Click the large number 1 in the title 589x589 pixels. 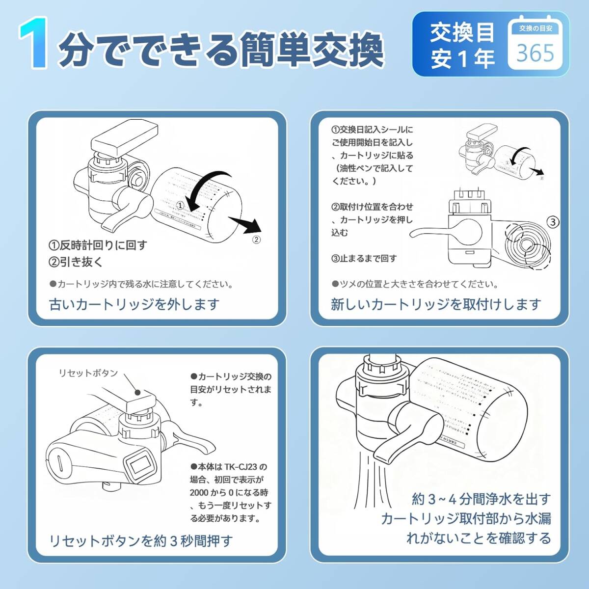pyautogui.click(x=34, y=44)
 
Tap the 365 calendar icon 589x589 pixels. pyautogui.click(x=535, y=45)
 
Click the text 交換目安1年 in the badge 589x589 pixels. pyautogui.click(x=462, y=46)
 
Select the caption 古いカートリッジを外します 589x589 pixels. pyautogui.click(x=134, y=304)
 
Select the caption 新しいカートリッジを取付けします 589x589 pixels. pyautogui.click(x=436, y=304)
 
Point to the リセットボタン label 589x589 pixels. pyautogui.click(x=88, y=373)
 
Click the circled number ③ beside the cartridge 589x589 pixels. pyautogui.click(x=553, y=222)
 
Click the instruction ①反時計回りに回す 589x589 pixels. pyautogui.click(x=98, y=245)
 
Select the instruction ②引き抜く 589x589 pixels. pyautogui.click(x=76, y=262)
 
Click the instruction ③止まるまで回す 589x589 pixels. pyautogui.click(x=364, y=258)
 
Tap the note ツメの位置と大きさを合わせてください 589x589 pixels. pyautogui.click(x=415, y=284)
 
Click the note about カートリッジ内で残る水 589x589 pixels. pyautogui.click(x=141, y=284)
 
